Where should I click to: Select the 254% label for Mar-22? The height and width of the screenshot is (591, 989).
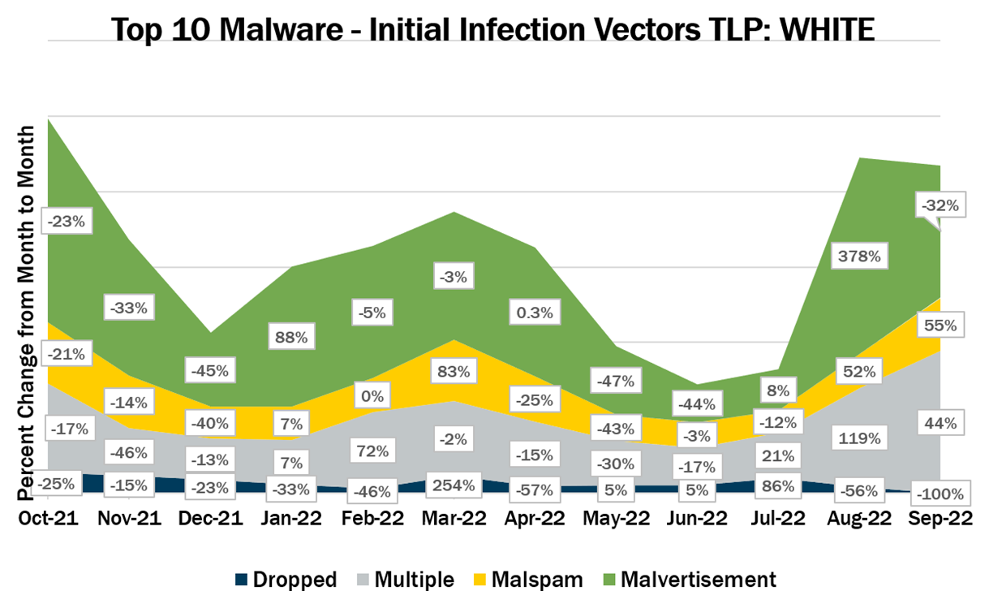pos(453,486)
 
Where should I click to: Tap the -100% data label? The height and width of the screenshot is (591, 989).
pos(940,493)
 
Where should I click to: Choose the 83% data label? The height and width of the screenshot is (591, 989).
pos(453,372)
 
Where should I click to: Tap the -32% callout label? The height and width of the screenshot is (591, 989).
pos(940,205)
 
